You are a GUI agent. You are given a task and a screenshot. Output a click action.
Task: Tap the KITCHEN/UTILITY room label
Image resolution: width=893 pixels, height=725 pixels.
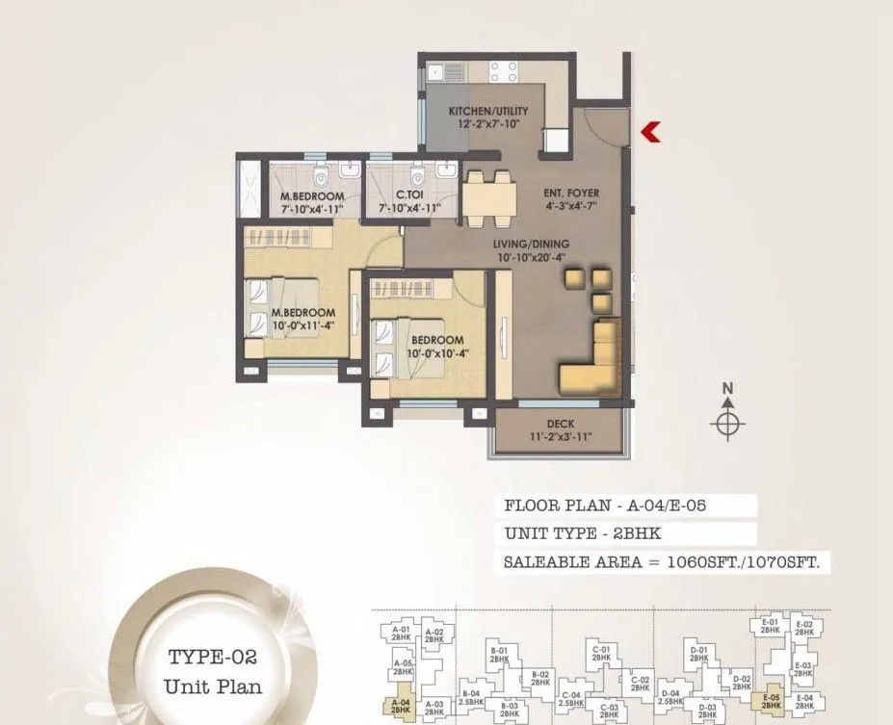(x=488, y=111)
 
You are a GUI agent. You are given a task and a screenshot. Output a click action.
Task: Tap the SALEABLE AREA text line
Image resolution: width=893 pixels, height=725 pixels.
(x=661, y=562)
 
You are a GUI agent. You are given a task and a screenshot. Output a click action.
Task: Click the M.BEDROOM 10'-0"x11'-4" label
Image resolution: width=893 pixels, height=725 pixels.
(x=302, y=318)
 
